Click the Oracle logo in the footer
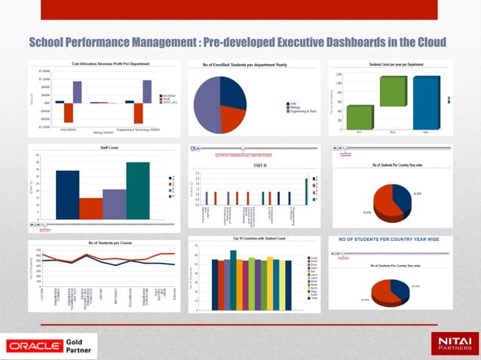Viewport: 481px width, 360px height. click(x=35, y=346)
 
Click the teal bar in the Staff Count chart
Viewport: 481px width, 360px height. click(x=138, y=190)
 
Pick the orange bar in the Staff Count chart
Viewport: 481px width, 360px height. click(x=90, y=208)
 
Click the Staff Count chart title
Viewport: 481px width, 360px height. click(x=104, y=149)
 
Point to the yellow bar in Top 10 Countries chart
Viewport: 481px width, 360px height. click(x=271, y=283)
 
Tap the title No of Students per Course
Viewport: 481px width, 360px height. click(x=106, y=243)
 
